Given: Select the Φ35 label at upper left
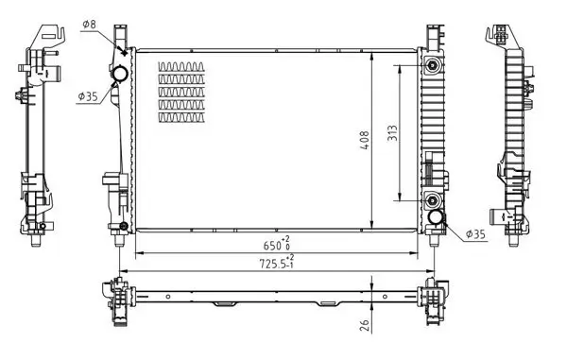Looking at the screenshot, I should (x=88, y=95).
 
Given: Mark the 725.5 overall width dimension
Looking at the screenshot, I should (x=275, y=265).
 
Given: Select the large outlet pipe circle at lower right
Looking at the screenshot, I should (x=437, y=219).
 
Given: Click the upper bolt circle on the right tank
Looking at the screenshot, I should (x=432, y=66).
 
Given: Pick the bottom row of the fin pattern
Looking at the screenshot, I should (x=181, y=116).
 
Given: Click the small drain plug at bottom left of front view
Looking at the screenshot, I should (x=123, y=227).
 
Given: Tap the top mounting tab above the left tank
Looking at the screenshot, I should (x=119, y=35).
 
